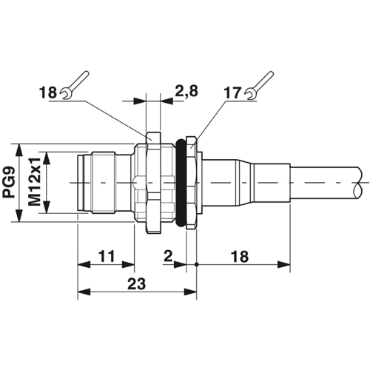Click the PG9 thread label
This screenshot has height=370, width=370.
click(x=9, y=182)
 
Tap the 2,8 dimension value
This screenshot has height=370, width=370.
click(x=186, y=91)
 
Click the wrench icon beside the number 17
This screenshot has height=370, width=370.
click(x=260, y=86)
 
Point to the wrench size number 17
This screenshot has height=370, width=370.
click(x=232, y=93)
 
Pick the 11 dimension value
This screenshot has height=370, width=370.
click(x=107, y=256)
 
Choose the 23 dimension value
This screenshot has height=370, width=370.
click(x=136, y=283)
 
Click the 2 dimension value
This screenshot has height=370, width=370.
click(x=168, y=256)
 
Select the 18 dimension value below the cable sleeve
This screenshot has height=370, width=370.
click(x=240, y=256)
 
